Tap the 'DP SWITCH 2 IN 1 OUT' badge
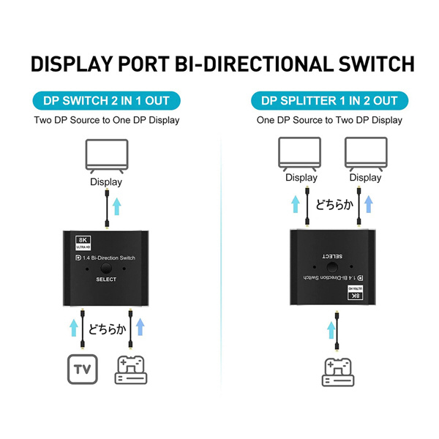107,101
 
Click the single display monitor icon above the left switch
106,156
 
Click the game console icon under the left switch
131,370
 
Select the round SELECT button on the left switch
106,269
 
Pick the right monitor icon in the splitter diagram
364,154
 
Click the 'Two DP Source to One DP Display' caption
107,120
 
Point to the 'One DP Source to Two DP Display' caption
329,120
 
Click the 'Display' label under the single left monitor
106,182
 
